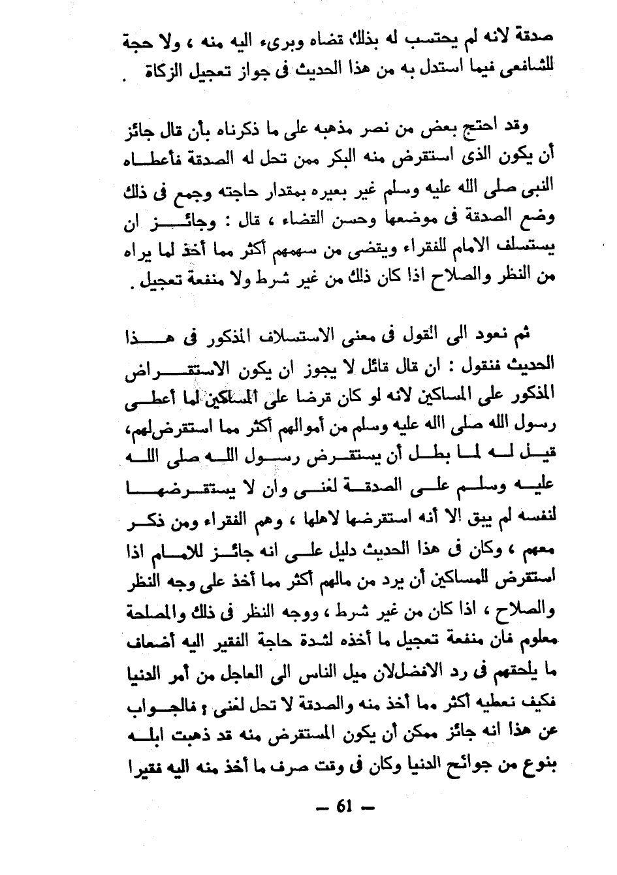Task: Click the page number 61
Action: [344, 806]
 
